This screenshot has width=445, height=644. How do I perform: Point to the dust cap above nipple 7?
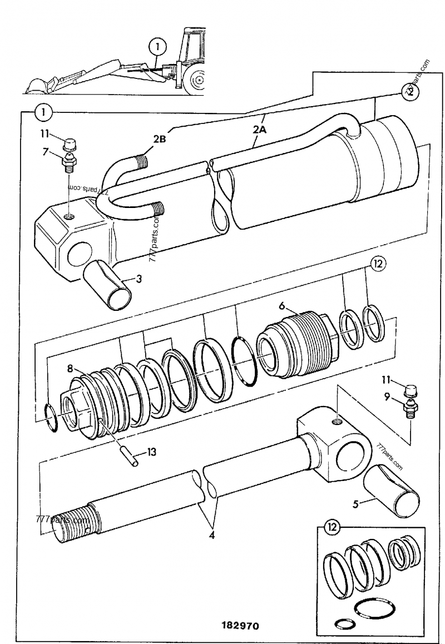point(70,144)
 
